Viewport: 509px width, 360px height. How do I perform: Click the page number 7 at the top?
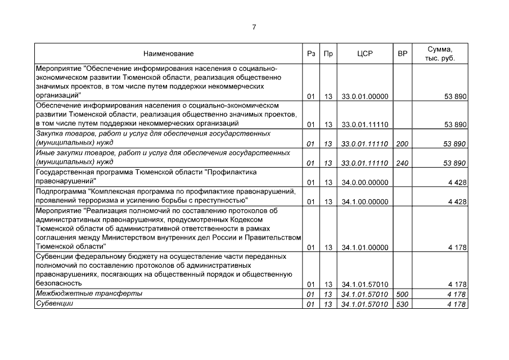click(x=254, y=27)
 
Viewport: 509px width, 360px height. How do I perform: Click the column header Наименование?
click(x=168, y=54)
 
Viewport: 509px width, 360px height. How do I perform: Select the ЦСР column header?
click(x=365, y=54)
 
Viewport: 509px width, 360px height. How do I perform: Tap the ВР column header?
click(x=402, y=54)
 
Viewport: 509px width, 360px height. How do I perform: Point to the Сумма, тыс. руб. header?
click(x=440, y=53)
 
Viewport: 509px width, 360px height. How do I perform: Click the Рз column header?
click(x=311, y=54)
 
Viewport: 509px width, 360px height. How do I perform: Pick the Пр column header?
click(x=328, y=54)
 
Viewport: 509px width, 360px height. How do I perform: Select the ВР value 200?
click(x=402, y=144)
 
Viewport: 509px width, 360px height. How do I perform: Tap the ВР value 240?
click(x=402, y=163)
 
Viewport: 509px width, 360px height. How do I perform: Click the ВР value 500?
click(x=402, y=294)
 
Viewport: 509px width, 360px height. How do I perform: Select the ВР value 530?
click(x=402, y=304)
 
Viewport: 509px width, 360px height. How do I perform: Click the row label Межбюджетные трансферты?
click(x=89, y=294)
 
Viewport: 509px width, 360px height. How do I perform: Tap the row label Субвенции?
click(x=55, y=304)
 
